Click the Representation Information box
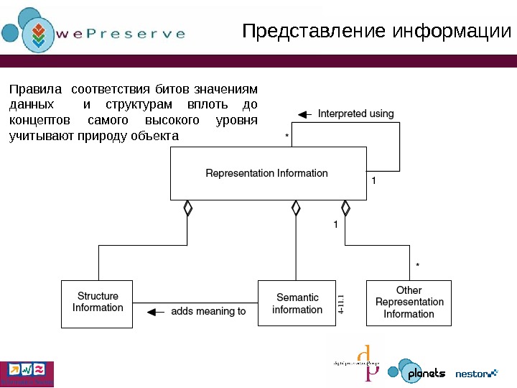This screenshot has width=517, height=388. coord(267,173)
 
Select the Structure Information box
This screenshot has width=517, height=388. coord(98,302)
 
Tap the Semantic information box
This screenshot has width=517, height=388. coord(297,303)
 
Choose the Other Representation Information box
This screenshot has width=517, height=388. coord(409,302)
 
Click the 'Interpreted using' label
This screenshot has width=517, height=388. coord(355,114)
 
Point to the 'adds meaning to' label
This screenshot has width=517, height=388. coord(208,312)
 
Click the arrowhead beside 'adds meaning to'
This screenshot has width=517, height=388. coord(152,312)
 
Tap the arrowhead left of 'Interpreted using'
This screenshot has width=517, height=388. coord(304,114)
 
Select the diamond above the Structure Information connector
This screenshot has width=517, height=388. coord(188,208)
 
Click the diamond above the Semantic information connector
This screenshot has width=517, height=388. coord(296,208)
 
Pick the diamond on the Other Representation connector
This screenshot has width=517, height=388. coord(345,208)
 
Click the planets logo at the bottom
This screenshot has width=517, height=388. coord(417,372)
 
